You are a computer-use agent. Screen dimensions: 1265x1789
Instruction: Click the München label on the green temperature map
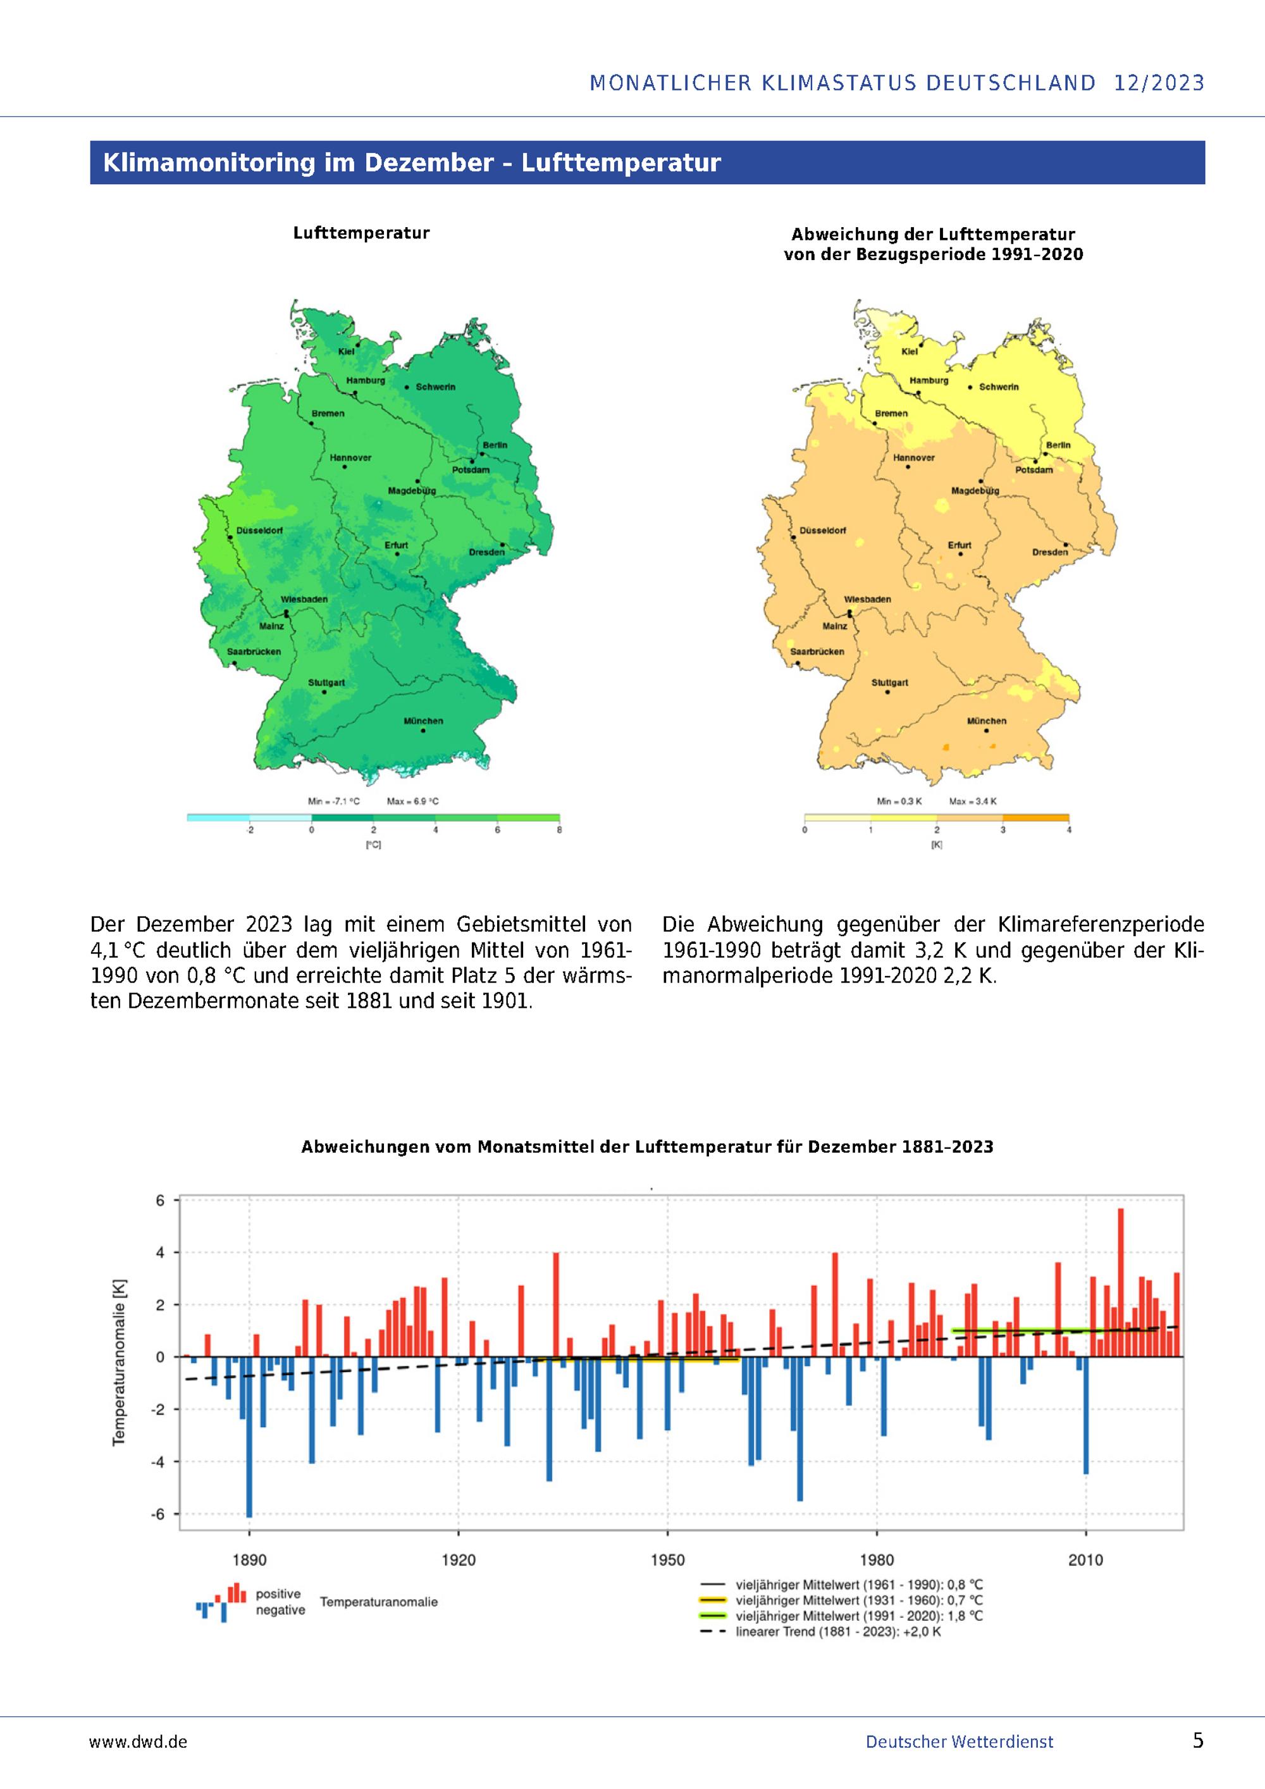[423, 721]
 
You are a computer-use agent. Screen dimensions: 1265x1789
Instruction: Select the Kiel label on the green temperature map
[346, 352]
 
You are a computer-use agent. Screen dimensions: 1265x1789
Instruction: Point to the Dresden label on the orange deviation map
[1050, 552]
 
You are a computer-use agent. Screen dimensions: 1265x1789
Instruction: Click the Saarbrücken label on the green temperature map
[254, 652]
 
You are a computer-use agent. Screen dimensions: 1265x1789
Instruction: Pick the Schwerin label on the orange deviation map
[999, 387]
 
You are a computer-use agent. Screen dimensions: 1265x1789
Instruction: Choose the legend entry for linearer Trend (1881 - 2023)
[838, 1631]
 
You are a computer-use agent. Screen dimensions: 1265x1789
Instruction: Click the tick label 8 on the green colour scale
[559, 830]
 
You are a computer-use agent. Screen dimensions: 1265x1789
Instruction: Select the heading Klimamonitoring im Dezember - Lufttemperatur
[412, 162]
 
